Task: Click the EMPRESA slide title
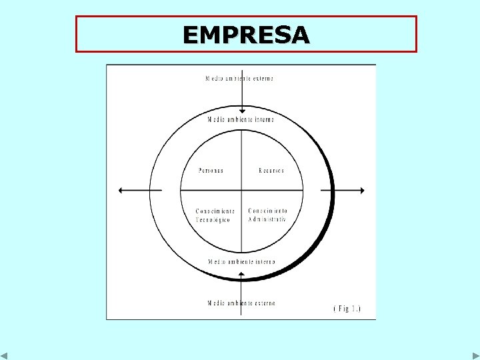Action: pyautogui.click(x=246, y=35)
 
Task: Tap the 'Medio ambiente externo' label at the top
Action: pyautogui.click(x=240, y=78)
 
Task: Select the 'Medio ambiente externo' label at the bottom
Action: pyautogui.click(x=241, y=303)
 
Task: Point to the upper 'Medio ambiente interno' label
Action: pyautogui.click(x=241, y=119)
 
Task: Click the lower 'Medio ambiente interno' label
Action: pyautogui.click(x=241, y=262)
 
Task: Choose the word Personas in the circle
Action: pyautogui.click(x=211, y=171)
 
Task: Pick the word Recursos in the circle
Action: pyautogui.click(x=271, y=171)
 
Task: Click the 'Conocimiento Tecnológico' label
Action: pyautogui.click(x=215, y=215)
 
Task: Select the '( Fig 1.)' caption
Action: pyautogui.click(x=347, y=309)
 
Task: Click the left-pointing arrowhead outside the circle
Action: pyautogui.click(x=121, y=191)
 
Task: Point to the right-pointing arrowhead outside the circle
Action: pyautogui.click(x=362, y=191)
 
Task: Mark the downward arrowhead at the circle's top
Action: pyautogui.click(x=242, y=111)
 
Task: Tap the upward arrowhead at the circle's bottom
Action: pyautogui.click(x=242, y=273)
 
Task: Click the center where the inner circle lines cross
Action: pyautogui.click(x=242, y=191)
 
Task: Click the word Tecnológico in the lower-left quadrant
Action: pyautogui.click(x=213, y=220)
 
